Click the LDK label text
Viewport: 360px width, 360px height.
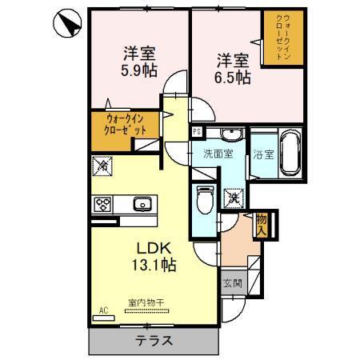tap(151, 246)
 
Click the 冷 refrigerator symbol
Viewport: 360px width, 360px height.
tap(103, 166)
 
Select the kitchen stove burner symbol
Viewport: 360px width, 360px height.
tap(104, 203)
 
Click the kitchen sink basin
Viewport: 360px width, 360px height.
tap(142, 203)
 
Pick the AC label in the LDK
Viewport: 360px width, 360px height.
tap(103, 309)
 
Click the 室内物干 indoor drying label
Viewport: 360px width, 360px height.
tap(145, 302)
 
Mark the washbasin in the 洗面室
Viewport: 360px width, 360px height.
tap(233, 134)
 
